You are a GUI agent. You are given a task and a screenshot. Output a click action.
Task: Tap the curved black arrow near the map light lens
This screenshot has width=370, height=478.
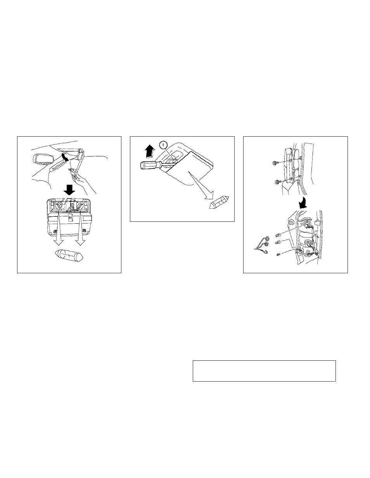64,157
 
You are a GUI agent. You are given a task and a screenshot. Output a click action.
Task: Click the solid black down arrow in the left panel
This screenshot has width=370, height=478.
69,190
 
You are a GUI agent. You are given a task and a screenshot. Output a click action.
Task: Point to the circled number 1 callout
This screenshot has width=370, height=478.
163,145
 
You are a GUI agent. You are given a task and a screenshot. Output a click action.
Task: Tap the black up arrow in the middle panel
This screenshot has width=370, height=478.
150,151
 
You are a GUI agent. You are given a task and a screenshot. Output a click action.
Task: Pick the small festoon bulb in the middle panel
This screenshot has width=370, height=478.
219,202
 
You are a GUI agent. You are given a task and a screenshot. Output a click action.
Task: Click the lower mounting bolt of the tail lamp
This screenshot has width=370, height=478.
277,182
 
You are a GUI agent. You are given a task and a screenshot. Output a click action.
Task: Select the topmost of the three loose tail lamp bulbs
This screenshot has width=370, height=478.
278,236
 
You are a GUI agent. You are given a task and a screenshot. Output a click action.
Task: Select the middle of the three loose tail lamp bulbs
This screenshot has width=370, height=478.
278,243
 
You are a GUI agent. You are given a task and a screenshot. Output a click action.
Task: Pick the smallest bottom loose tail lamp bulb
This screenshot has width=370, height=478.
278,255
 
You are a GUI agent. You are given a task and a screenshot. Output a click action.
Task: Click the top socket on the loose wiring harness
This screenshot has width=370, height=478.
268,238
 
